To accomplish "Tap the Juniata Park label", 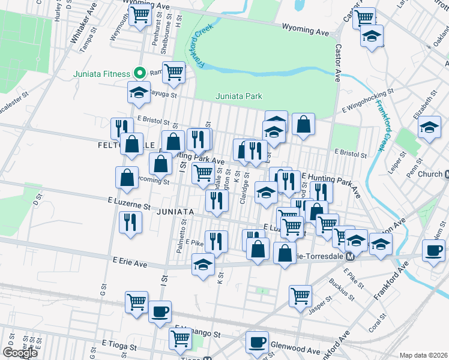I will coord(239,96).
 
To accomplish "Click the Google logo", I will coord(20,353).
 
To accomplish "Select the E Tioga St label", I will coord(119,346).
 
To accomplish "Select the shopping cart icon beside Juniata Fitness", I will coord(173,72).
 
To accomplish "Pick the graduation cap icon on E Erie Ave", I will coord(203,263).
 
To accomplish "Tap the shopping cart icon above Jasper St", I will coord(300,295).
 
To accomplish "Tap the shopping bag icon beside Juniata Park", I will coord(304,124).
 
